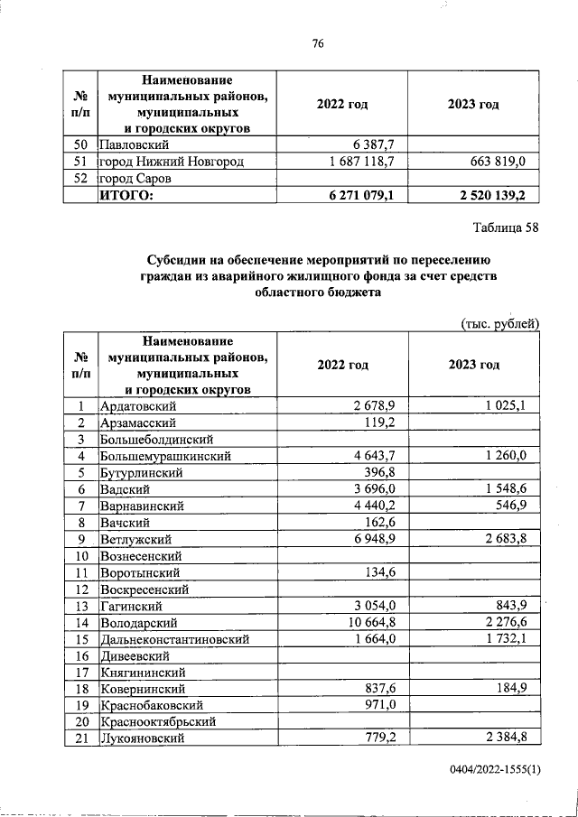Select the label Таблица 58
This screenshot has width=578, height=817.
507,227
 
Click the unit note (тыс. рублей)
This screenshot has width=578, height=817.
499,322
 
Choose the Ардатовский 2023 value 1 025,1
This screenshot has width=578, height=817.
510,405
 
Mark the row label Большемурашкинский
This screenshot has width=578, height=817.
168,456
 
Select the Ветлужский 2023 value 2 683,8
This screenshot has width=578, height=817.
510,539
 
